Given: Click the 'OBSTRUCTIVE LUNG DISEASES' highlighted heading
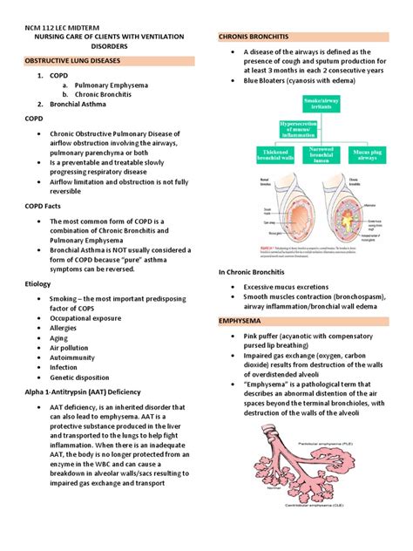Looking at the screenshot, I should point(85,62).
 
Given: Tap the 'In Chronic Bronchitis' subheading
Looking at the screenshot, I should point(257,273).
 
